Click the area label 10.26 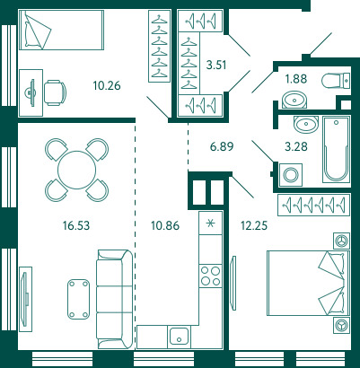point(107,85)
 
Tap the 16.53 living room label point(76,225)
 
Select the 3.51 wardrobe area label point(216,65)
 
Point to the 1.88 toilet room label point(296,79)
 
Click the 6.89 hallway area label point(222,146)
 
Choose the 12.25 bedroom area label point(254,225)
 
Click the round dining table point(76,170)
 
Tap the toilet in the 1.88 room point(336,81)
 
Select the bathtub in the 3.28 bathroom point(336,149)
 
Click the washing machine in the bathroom point(291,175)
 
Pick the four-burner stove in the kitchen point(211,276)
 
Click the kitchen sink point(179,337)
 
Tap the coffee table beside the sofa point(78,299)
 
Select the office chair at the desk point(55,92)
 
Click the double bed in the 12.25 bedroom point(309,283)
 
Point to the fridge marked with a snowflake point(211,223)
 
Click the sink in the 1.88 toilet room point(294,101)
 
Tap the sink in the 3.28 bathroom point(305,124)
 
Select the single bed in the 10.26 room point(61,30)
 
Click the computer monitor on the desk point(31,92)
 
